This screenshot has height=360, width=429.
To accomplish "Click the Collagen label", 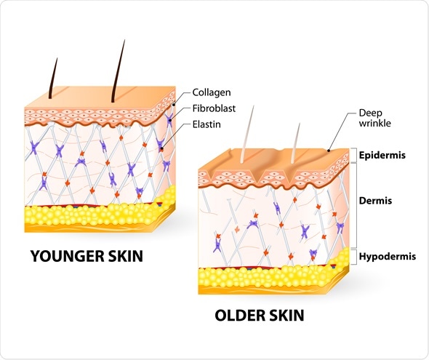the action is tap(212, 92).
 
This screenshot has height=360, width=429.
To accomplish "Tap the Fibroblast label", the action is tap(214, 108).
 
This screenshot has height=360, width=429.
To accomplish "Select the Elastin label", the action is tap(207, 124).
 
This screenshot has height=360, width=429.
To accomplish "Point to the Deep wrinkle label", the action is tap(374, 118).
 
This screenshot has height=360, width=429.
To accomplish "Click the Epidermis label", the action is tap(382, 155).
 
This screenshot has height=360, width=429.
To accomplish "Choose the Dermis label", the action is tap(375, 201).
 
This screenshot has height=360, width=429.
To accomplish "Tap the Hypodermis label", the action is tap(388, 256).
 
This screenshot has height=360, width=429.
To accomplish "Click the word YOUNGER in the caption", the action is tap(68, 256).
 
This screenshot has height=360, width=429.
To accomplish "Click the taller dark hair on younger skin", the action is tap(118, 71).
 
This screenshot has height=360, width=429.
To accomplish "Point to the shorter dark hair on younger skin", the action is tap(53, 79).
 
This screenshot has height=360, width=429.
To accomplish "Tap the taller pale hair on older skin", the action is tap(247, 135).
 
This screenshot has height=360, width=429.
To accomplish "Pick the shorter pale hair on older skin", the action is tap(295, 143).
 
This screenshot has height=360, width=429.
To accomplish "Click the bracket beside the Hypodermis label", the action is tap(356, 257).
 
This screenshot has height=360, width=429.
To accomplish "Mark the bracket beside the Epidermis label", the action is tap(356, 155).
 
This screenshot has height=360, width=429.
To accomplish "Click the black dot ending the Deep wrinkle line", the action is tap(329, 151).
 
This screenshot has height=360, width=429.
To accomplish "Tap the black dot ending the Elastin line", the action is tap(162, 148).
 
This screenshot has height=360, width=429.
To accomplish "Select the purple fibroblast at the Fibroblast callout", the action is tap(169, 120).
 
